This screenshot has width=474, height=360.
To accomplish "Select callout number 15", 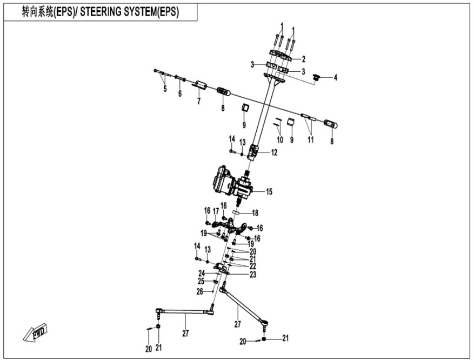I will point(269,191).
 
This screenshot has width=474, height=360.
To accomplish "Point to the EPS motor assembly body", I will point(227,181).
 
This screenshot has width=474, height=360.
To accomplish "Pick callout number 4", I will point(335,78).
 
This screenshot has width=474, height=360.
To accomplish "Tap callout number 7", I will point(198,101).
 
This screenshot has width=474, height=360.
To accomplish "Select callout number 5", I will point(165,89).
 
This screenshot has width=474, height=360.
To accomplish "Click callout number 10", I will point(279,140).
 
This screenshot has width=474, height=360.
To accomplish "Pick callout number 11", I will point(310,140).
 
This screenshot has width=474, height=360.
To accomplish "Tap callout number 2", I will point(304,59).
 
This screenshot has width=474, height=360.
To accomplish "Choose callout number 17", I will point(216,210).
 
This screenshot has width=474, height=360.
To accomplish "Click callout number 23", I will point(252,275).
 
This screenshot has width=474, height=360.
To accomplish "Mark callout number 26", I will point(200,291).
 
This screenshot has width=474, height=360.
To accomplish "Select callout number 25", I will point(200,282).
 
